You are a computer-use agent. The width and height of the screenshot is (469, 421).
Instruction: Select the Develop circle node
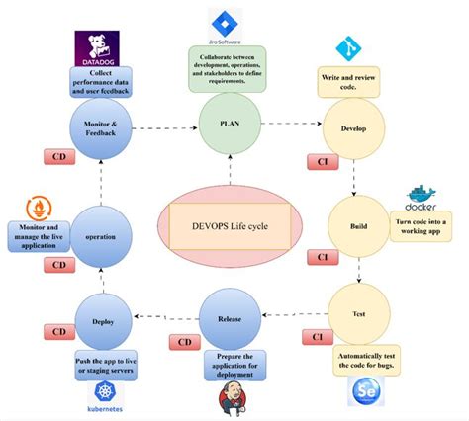354,127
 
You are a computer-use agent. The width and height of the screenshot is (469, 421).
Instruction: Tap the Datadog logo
97,47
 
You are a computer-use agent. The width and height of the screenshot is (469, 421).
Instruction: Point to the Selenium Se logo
361,393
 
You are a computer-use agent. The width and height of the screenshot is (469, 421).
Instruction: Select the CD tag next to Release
185,342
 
